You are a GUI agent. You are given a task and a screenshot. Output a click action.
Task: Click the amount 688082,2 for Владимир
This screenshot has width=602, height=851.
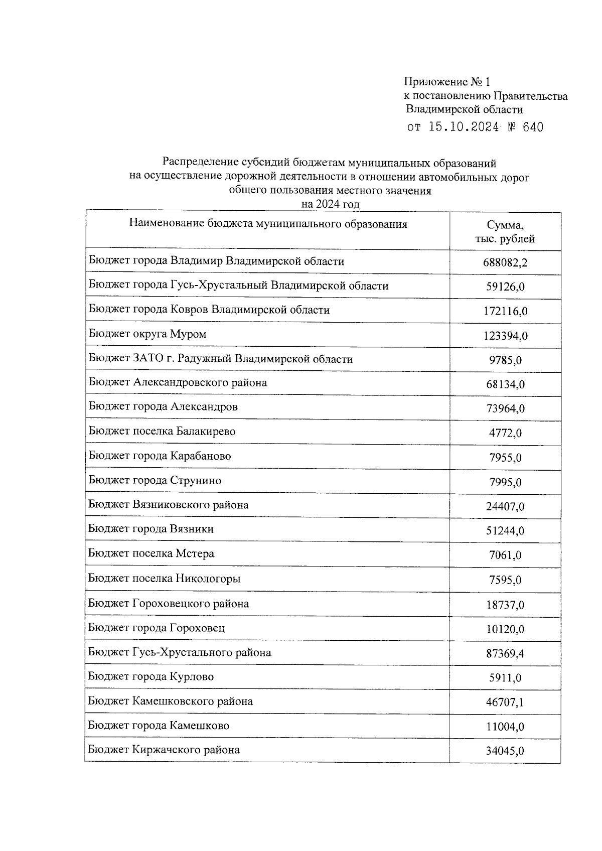click(505, 262)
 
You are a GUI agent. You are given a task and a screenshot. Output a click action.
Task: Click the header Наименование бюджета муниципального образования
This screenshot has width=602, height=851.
click(268, 224)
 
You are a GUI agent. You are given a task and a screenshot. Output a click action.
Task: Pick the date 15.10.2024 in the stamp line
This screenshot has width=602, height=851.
click(464, 127)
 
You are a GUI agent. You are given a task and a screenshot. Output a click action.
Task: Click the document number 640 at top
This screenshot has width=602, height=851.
click(532, 127)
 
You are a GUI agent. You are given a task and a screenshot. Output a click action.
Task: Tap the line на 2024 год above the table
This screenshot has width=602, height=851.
click(330, 204)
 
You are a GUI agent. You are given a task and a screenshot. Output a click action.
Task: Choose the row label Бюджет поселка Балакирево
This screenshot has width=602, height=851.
click(162, 432)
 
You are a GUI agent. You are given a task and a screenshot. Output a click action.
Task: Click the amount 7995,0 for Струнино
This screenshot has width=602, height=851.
click(505, 483)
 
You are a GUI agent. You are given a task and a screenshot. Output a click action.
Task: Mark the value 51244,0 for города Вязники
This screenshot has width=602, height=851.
click(505, 531)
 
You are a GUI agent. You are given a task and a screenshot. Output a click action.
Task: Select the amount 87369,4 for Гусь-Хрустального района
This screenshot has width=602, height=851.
click(505, 654)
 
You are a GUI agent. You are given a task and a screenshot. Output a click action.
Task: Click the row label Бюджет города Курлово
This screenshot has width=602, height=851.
click(151, 677)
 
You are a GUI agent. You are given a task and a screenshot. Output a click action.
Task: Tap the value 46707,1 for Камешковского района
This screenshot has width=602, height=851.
click(505, 702)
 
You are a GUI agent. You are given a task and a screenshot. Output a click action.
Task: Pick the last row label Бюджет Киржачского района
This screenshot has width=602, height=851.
click(164, 750)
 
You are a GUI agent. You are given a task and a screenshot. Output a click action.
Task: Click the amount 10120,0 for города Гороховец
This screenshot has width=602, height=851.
click(505, 629)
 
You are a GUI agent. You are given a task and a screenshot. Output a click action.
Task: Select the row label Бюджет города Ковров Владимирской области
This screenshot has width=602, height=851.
click(209, 310)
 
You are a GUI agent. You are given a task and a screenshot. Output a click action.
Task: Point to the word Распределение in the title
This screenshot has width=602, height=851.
click(199, 163)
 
